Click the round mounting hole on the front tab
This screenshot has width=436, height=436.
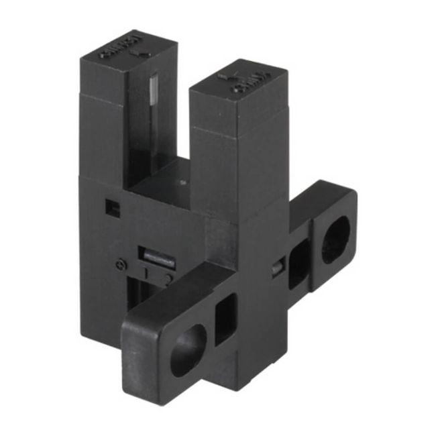pyautogui.click(x=188, y=349)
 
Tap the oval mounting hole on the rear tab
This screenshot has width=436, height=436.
pyautogui.click(x=335, y=240)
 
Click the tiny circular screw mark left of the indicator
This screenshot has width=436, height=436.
pyautogui.click(x=121, y=264)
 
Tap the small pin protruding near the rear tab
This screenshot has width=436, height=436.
pyautogui.click(x=276, y=268)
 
